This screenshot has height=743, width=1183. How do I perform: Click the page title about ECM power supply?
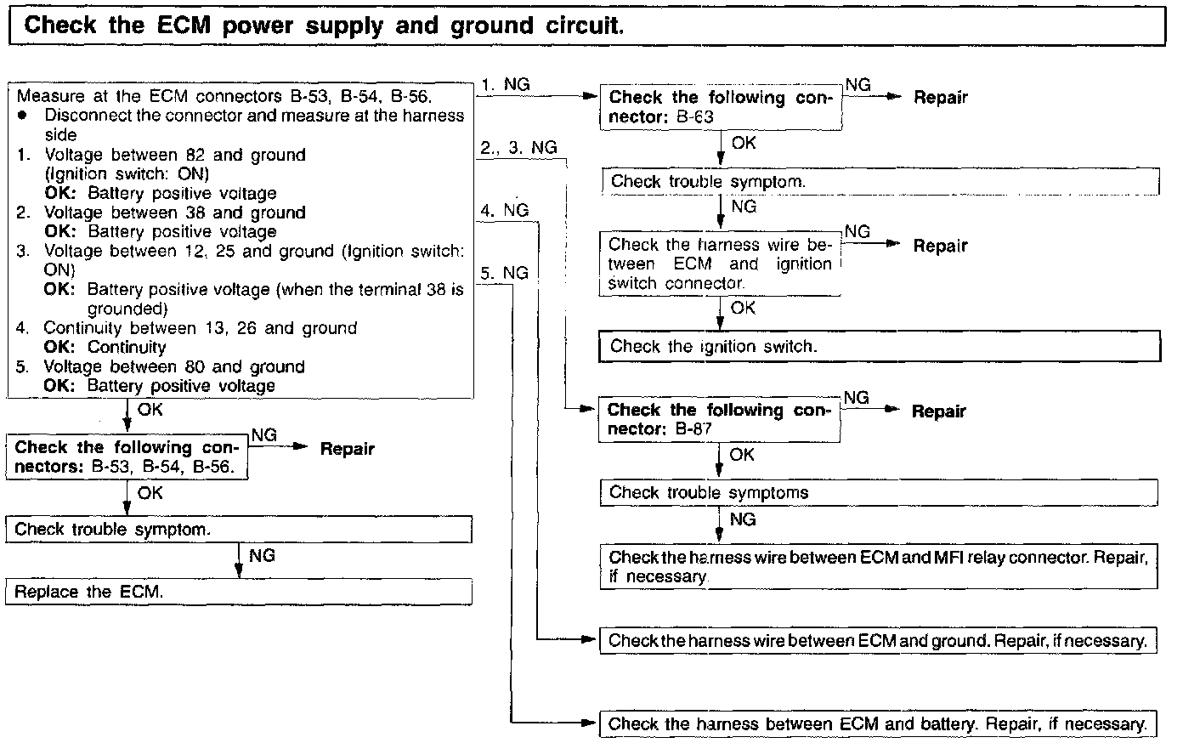(x=324, y=26)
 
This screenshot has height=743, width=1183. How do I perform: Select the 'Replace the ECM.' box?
(x=238, y=592)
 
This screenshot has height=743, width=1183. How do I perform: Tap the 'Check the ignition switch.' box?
(x=880, y=346)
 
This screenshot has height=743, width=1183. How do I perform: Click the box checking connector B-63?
(x=721, y=107)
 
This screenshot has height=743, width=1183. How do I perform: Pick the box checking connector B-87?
(x=719, y=420)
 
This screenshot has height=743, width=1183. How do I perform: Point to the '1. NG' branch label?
(x=505, y=84)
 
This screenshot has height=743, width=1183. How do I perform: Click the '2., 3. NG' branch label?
(x=518, y=148)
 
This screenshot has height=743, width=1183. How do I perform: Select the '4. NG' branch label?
(x=504, y=210)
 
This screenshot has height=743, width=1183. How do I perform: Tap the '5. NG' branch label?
(x=504, y=273)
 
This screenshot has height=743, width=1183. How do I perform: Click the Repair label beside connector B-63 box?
(x=941, y=98)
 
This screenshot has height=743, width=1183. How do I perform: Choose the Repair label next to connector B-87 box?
(x=939, y=411)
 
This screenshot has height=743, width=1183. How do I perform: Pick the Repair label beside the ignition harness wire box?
(x=941, y=246)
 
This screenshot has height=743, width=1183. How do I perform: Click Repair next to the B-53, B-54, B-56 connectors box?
(x=347, y=449)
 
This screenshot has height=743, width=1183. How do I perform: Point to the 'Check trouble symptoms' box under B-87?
(x=879, y=492)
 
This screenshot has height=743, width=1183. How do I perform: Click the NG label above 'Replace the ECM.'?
(x=262, y=556)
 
